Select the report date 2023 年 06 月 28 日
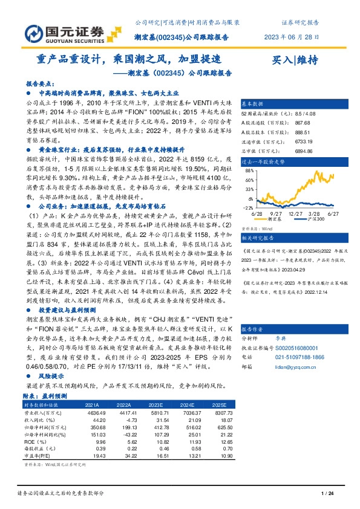(292, 36)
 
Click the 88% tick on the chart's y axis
(247, 171)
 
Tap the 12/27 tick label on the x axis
(296, 213)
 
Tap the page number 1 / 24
(327, 494)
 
